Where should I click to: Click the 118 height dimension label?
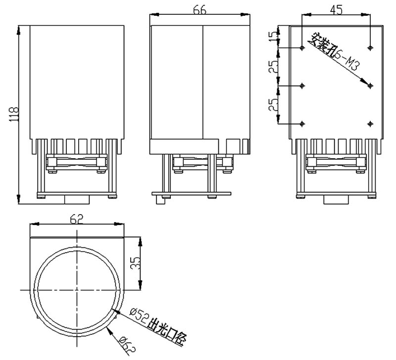click(x=14, y=114)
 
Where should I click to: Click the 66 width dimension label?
click(x=200, y=10)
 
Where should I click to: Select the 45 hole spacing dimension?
click(x=336, y=9)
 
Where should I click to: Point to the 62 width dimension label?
click(x=77, y=219)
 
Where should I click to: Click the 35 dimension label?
click(x=135, y=263)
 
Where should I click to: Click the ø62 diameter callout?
click(x=128, y=345)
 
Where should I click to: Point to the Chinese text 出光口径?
click(x=167, y=332)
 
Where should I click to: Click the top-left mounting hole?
click(x=302, y=47)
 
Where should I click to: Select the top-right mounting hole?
click(x=370, y=47)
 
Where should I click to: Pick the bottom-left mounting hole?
click(x=302, y=124)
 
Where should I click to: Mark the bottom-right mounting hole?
click(x=370, y=124)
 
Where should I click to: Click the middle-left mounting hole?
click(x=302, y=86)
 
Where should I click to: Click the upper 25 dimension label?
click(x=273, y=67)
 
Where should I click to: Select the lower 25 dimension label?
click(x=273, y=104)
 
